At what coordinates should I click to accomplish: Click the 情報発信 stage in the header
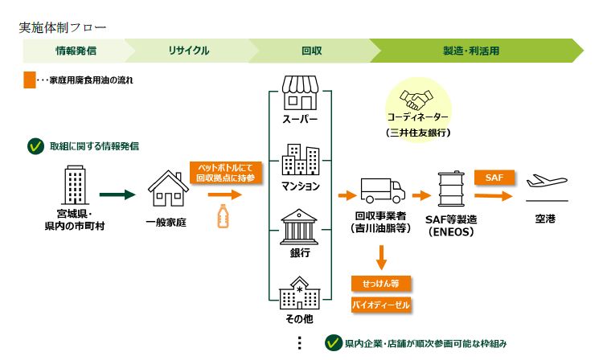pyautogui.click(x=76, y=51)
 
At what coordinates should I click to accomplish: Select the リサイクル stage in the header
pyautogui.click(x=189, y=51)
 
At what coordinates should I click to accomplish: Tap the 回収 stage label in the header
pyautogui.click(x=312, y=51)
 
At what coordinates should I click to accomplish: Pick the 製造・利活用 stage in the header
pyautogui.click(x=471, y=51)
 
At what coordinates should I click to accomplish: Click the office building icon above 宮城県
pyautogui.click(x=76, y=186)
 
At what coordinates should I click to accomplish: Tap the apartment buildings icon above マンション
pyautogui.click(x=300, y=160)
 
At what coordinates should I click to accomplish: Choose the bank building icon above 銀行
pyautogui.click(x=300, y=226)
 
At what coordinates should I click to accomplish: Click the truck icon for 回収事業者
pyautogui.click(x=382, y=191)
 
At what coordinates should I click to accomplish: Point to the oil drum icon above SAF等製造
pyautogui.click(x=451, y=191)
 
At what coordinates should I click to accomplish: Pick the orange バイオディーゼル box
pyautogui.click(x=381, y=305)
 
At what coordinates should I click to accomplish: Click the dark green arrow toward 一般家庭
pyautogui.click(x=117, y=194)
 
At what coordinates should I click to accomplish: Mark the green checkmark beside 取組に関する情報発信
pyautogui.click(x=35, y=146)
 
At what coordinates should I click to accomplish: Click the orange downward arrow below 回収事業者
pyautogui.click(x=382, y=256)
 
